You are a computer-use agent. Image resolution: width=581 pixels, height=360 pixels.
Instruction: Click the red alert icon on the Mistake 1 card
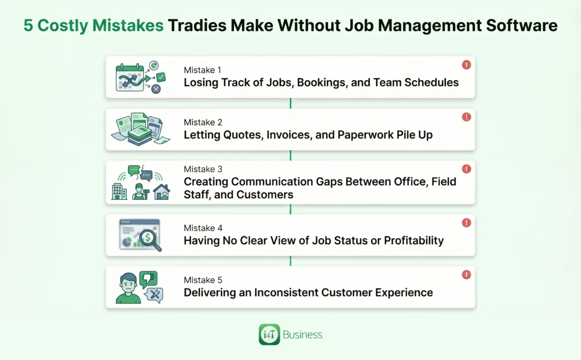tap(466, 65)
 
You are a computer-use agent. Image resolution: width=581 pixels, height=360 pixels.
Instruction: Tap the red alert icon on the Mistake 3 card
tap(466, 169)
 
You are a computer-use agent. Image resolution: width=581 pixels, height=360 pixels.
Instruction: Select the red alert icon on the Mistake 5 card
tap(466, 275)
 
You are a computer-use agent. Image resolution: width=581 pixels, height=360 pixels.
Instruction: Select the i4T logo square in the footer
tap(269, 334)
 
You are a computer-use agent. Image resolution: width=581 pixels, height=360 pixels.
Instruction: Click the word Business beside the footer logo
tap(302, 334)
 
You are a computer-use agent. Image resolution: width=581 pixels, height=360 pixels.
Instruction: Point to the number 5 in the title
tap(28, 26)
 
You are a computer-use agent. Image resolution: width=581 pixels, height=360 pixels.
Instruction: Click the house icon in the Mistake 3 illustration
tap(161, 192)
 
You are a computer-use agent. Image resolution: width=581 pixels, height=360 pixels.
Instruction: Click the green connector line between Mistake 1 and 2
tap(290, 103)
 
